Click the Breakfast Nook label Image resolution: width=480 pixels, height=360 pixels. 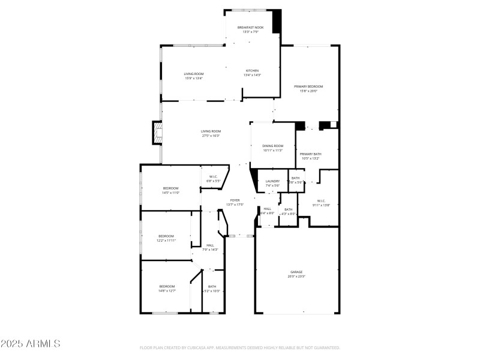[x=250, y=28]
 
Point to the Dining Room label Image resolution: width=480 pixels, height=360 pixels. [x=272, y=146]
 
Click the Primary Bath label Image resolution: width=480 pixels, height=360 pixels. [x=310, y=154]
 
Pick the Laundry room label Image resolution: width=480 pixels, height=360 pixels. [x=272, y=181]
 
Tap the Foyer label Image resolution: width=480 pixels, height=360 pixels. [x=235, y=200]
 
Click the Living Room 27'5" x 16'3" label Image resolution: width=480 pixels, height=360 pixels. [x=211, y=131]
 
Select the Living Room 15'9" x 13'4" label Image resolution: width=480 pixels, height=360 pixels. [x=193, y=74]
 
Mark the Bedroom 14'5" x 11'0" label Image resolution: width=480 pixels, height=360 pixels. [x=171, y=189]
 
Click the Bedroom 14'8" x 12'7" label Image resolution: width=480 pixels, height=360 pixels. [x=167, y=287]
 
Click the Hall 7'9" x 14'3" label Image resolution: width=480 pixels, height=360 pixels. [x=210, y=245]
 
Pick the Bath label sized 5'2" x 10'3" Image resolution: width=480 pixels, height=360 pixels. [x=212, y=287]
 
